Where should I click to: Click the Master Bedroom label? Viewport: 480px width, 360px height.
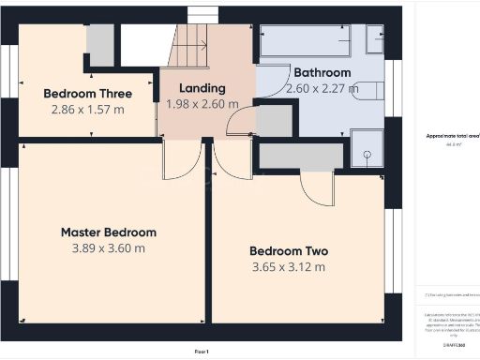point(109,232)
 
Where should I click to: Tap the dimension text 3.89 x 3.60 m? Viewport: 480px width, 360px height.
point(109,248)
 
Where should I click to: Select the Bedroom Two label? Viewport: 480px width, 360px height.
point(288,250)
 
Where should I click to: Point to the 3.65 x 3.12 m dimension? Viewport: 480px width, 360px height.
point(288,267)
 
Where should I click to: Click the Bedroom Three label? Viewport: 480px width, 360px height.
point(87,93)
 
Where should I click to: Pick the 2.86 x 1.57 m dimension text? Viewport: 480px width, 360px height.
point(87,109)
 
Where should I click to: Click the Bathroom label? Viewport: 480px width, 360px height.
point(322,72)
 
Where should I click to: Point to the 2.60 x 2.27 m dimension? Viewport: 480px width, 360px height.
point(322,89)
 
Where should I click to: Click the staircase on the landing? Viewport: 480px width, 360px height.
point(191,46)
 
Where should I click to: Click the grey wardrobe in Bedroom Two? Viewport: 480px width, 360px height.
point(300,156)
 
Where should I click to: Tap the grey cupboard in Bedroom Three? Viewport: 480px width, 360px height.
point(99,45)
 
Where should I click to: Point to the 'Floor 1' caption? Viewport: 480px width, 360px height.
point(202,351)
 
